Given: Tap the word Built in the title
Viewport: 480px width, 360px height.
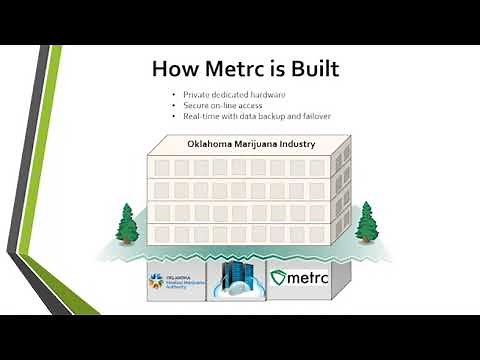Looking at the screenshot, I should pos(307,69).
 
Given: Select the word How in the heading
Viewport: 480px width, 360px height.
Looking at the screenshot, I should pos(173,69).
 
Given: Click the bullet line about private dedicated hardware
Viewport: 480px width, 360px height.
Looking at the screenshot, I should pos(229,94).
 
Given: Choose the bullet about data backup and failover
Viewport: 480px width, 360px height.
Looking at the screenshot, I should pos(251,116).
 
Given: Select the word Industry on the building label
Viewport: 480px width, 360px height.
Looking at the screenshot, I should pos(298,144).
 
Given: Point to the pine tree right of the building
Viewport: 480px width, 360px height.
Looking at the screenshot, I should pos(365,222).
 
